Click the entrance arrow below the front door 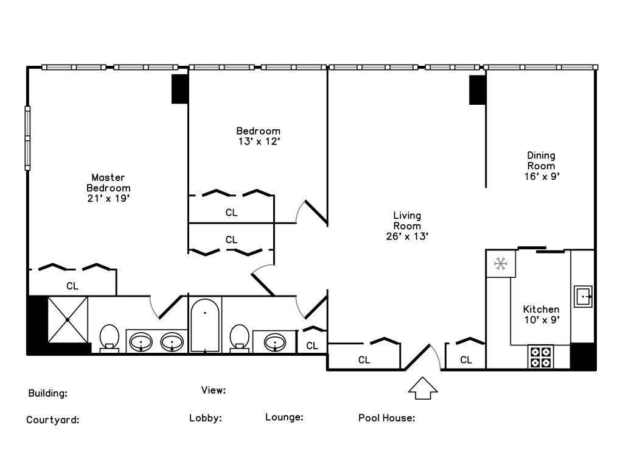[423, 388]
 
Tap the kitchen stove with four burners [541, 357]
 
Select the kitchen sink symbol [583, 297]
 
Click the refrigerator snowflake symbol [501, 263]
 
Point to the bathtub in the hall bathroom [204, 325]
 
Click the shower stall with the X [68, 319]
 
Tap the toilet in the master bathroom [110, 339]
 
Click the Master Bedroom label [108, 183]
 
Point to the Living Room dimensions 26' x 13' [407, 236]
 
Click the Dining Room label [541, 161]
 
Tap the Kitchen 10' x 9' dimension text [541, 319]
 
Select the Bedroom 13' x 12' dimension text [259, 141]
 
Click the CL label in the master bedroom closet [72, 286]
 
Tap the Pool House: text [386, 418]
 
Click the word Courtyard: [53, 420]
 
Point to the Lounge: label [284, 417]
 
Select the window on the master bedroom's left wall [27, 138]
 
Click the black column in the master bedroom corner [179, 89]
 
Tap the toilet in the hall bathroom [239, 339]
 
